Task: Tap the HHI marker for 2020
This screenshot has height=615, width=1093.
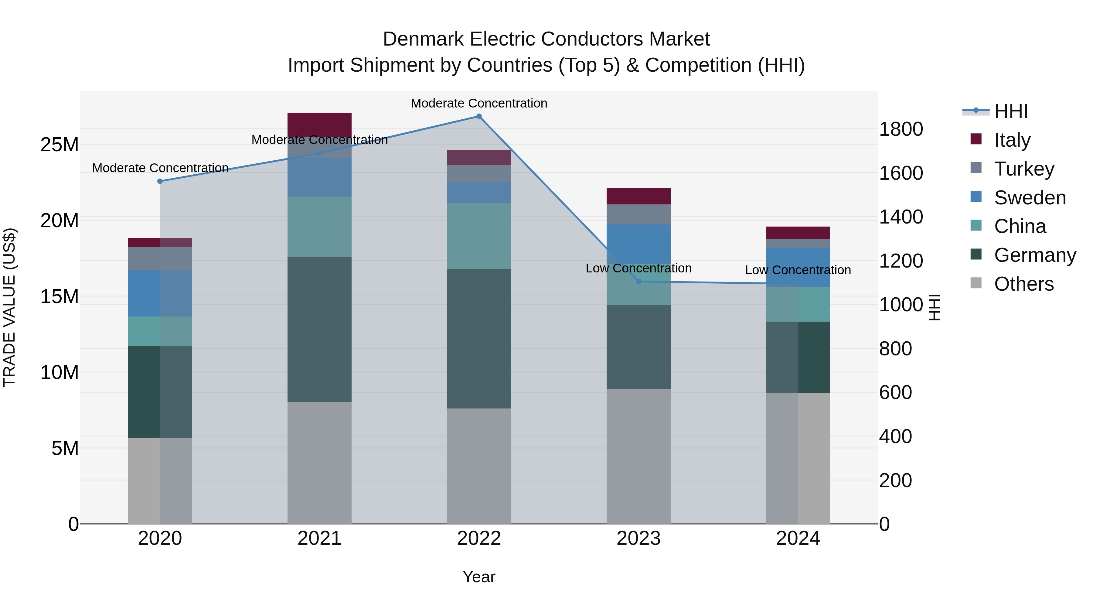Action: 160,181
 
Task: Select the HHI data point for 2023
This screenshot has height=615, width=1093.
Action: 638,282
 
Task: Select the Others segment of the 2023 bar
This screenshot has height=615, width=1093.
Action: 638,456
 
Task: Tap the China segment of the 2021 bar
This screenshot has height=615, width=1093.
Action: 319,226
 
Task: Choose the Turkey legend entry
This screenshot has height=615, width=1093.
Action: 1023,169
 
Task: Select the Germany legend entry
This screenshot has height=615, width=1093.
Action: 1034,255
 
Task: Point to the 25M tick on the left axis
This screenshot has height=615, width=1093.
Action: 60,145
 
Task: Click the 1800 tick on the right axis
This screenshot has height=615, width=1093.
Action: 901,129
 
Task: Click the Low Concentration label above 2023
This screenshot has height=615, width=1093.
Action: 638,268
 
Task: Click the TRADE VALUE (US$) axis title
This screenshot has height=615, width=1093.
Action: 9,307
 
